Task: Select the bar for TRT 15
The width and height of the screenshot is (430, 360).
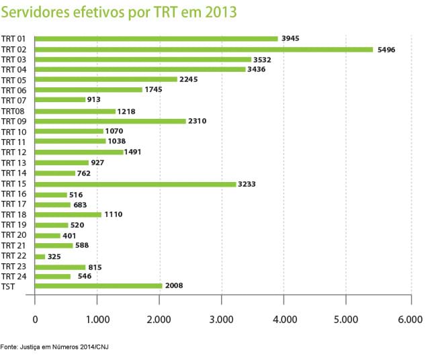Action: [135, 183]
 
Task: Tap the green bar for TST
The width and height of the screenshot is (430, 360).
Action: [98, 285]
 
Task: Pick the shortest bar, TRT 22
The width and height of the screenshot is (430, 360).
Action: [40, 256]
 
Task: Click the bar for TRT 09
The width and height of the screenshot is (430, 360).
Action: [110, 121]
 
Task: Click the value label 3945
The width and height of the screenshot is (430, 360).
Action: [291, 39]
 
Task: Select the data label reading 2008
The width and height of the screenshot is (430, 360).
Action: [174, 285]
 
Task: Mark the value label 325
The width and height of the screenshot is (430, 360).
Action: [58, 256]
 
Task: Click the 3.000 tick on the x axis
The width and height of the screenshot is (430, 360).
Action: [221, 318]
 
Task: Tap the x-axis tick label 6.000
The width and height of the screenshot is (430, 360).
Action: [408, 318]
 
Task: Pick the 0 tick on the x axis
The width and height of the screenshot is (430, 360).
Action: [35, 318]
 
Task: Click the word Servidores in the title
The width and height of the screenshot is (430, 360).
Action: [34, 13]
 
